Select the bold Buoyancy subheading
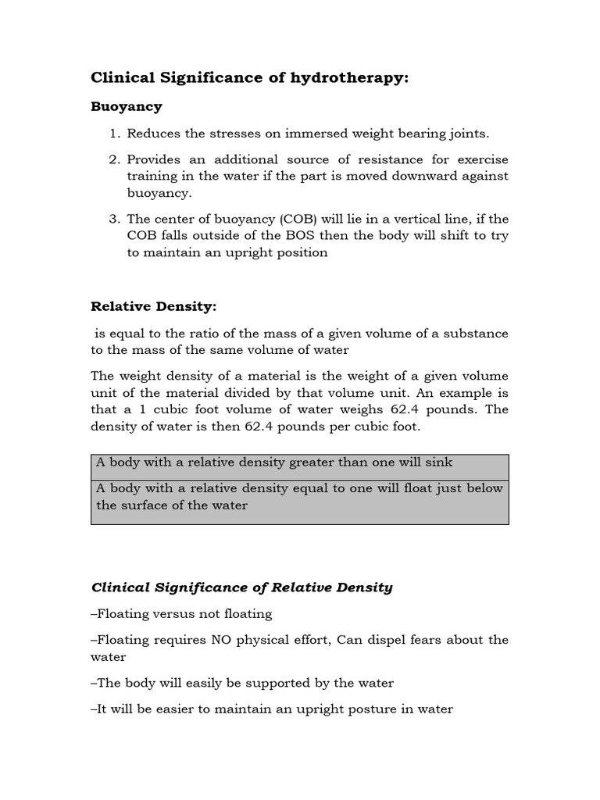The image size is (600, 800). [127, 105]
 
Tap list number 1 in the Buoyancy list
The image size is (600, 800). [114, 134]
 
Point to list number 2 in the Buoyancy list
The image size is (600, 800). [114, 159]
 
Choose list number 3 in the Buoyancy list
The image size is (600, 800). [114, 219]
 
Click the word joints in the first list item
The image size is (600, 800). [469, 134]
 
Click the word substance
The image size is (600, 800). [477, 334]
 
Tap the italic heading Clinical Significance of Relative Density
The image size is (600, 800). [242, 587]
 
